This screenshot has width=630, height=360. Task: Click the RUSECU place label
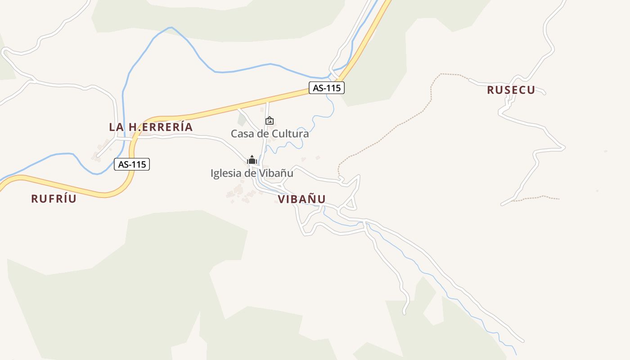[x=511, y=90]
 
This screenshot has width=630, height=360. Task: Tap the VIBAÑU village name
[x=301, y=199]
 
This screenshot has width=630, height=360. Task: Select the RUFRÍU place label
[x=54, y=198]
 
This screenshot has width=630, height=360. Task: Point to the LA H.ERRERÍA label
[x=151, y=127]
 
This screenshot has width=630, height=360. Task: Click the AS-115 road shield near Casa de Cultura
[x=327, y=88]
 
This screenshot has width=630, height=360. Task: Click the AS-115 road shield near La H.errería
[x=132, y=164]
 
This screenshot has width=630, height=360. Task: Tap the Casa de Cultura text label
[x=270, y=134]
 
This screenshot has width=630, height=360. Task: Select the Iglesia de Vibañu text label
[x=252, y=173]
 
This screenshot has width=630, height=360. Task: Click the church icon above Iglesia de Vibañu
[x=252, y=160]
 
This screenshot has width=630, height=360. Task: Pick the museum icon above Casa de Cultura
[x=270, y=121]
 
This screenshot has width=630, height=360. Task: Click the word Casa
[x=241, y=134]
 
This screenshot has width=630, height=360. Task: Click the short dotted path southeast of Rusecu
[x=535, y=198]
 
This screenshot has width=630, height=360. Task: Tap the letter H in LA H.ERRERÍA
[x=132, y=127]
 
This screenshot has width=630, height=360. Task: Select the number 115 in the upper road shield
[x=333, y=88]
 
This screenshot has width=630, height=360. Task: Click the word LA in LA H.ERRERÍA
[x=116, y=127]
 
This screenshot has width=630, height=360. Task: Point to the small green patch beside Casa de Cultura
[x=242, y=120]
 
